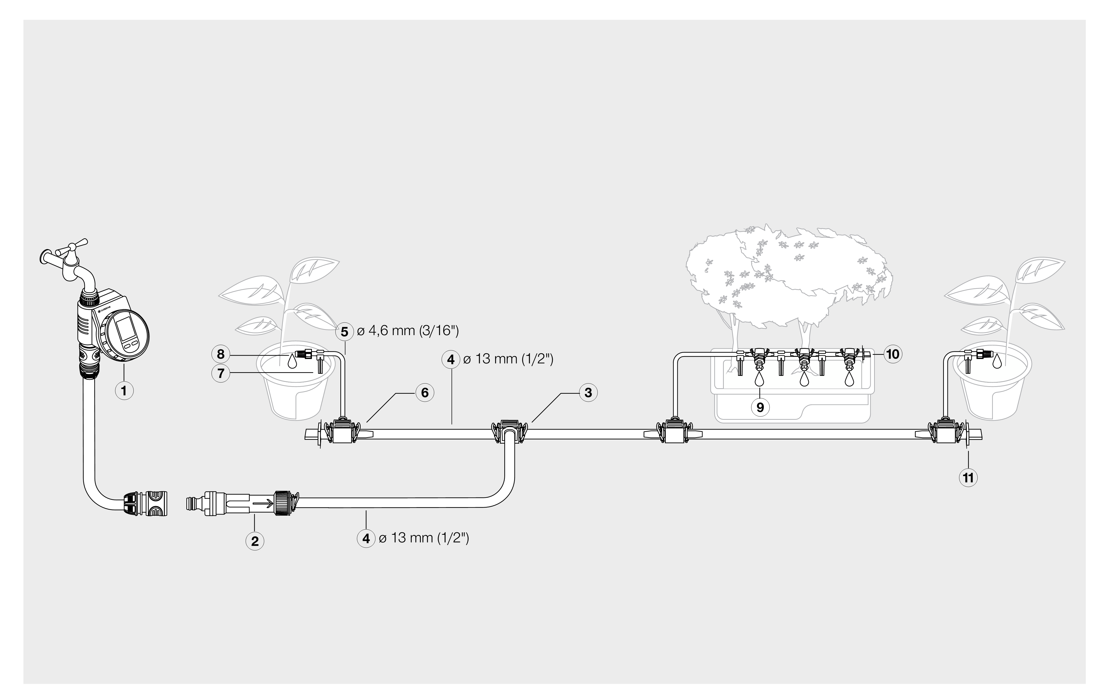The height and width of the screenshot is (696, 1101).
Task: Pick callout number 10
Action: click(x=893, y=354)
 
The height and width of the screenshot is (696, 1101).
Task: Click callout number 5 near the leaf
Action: click(x=344, y=332)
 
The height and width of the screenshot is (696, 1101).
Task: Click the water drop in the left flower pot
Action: click(x=292, y=361)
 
